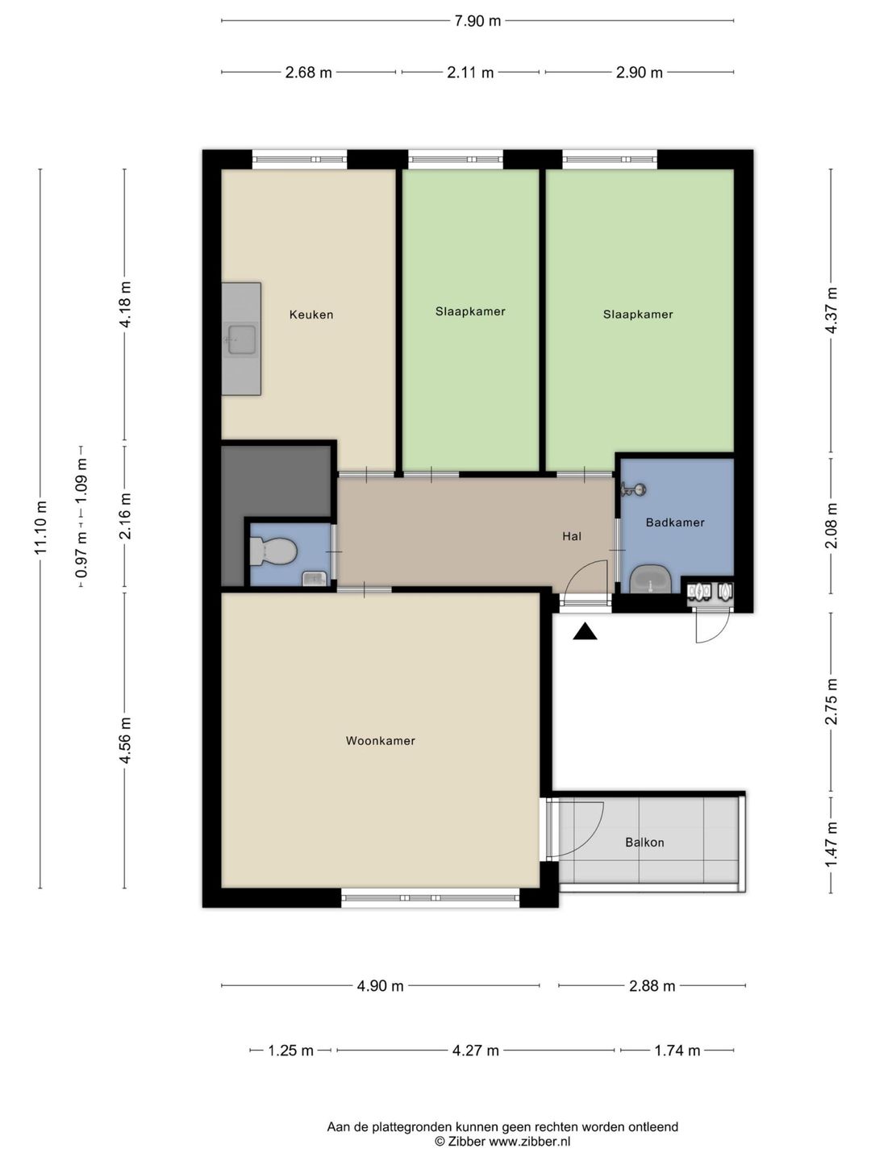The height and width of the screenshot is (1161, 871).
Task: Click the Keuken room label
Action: [311, 314]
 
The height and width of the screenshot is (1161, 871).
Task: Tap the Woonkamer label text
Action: [380, 740]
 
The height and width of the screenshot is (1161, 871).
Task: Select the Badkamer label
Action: [675, 522]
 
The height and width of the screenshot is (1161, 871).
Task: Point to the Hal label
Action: [572, 536]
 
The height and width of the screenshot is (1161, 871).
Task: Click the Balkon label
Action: [644, 842]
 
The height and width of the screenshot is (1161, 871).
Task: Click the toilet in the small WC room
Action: [273, 550]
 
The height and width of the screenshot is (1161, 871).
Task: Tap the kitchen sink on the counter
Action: [241, 339]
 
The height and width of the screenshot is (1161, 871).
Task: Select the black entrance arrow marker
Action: [585, 631]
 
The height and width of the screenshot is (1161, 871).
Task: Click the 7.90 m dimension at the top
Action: [477, 21]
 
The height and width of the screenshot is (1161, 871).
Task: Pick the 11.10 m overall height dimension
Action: [40, 527]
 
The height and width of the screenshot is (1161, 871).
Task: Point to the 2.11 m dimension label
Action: [470, 73]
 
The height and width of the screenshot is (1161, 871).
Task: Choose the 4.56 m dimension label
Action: [125, 740]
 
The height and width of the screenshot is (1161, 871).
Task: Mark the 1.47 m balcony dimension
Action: [831, 844]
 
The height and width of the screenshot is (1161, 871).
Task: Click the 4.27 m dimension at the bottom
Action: [476, 1051]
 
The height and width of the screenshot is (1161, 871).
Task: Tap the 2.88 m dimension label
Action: [652, 986]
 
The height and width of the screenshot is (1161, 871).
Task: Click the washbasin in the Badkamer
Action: [651, 579]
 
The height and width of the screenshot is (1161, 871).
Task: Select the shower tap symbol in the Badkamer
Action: [634, 489]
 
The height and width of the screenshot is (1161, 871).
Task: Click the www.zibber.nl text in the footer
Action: [529, 1142]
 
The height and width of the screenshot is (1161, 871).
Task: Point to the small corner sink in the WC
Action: [315, 579]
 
